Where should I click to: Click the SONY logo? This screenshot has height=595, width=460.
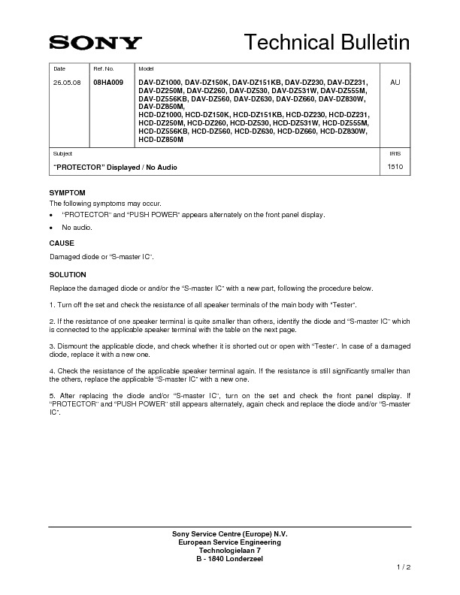click(95, 43)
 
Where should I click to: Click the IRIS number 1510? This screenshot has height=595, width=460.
click(395, 166)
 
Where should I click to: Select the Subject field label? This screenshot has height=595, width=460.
click(62, 153)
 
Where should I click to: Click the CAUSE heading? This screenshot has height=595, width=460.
click(62, 244)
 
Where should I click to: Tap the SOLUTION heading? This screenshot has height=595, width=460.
click(68, 275)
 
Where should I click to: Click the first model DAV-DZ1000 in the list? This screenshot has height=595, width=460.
click(159, 81)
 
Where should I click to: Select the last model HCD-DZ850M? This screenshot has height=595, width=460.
click(161, 140)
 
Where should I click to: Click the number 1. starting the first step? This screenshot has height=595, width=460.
click(52, 304)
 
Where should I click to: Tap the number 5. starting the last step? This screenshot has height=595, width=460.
click(52, 395)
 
